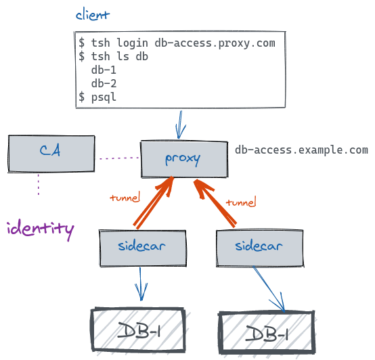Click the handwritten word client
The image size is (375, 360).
pyautogui.click(x=93, y=14)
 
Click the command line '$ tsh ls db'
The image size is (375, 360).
pyautogui.click(x=113, y=57)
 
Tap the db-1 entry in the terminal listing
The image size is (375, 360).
pyautogui.click(x=104, y=70)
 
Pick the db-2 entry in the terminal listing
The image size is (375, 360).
pyautogui.click(x=104, y=84)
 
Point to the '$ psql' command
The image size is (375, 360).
pyautogui.click(x=98, y=97)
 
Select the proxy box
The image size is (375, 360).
pyautogui.click(x=183, y=158)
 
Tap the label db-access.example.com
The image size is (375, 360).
pyautogui.click(x=301, y=150)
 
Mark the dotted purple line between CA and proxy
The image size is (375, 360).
pyautogui.click(x=119, y=159)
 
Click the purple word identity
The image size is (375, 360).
pyautogui.click(x=39, y=228)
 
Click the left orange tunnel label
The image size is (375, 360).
pyautogui.click(x=125, y=198)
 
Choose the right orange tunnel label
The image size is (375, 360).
pyautogui.click(x=240, y=202)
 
